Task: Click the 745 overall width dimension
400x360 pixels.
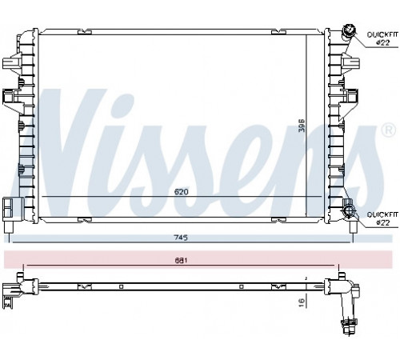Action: tap(181, 237)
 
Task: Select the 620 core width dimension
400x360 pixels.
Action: tap(181, 191)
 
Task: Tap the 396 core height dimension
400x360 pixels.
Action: tap(302, 126)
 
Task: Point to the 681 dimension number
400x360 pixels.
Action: tap(181, 260)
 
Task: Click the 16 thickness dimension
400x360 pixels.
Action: tap(302, 302)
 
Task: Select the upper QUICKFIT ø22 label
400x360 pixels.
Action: tap(382, 38)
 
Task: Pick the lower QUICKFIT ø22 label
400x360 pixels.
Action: tap(382, 218)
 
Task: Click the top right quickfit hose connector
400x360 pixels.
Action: tap(349, 30)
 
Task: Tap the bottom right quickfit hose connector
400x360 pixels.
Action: tap(348, 210)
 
